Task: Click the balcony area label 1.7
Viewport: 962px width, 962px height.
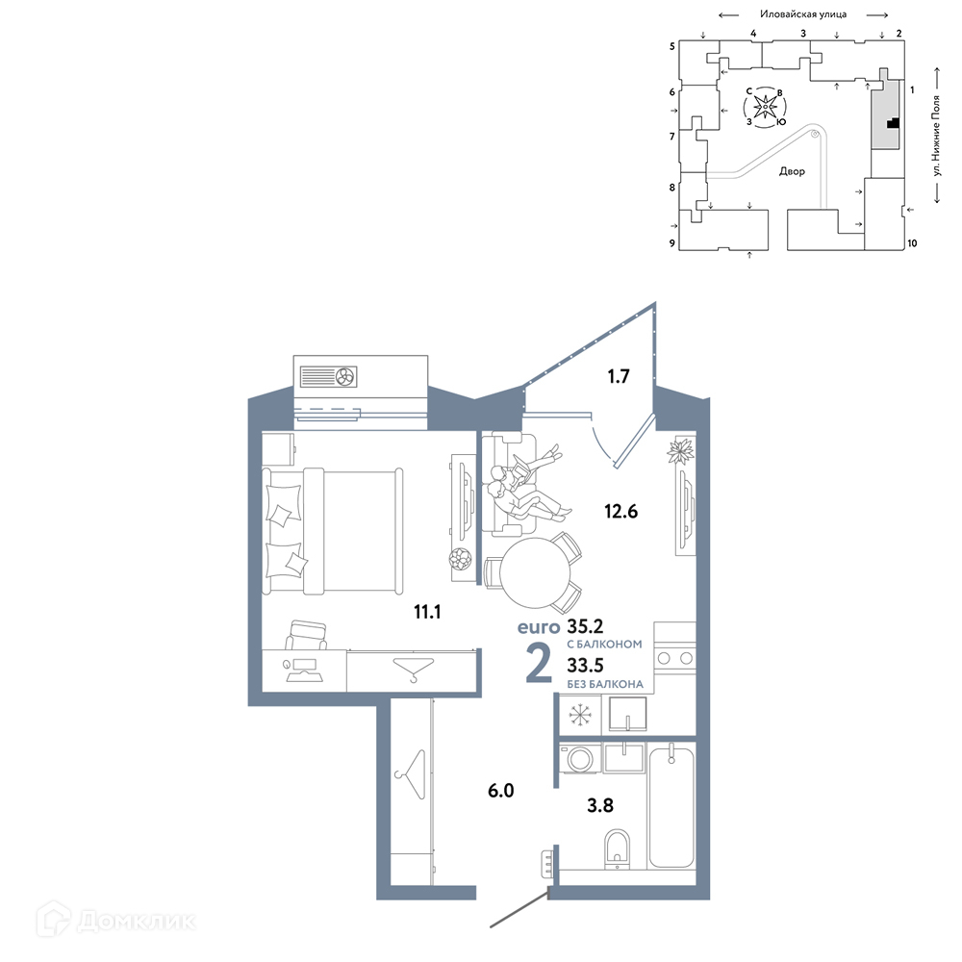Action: click(619, 376)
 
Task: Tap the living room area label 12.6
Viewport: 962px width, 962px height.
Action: click(620, 511)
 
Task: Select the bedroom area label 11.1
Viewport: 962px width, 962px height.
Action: click(427, 612)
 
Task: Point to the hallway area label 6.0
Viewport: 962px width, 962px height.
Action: click(500, 790)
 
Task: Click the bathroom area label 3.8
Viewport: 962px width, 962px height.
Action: click(600, 805)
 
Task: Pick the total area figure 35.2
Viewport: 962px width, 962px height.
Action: click(585, 626)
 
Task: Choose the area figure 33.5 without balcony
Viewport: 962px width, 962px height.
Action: click(585, 665)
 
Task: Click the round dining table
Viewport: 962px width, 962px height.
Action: click(535, 573)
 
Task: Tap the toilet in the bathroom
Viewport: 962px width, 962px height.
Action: click(618, 849)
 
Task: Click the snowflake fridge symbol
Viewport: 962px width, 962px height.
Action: click(580, 715)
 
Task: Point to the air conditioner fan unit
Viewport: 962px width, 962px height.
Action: click(328, 376)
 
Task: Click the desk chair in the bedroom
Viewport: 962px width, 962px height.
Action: click(306, 635)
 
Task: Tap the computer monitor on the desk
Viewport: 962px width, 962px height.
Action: click(304, 664)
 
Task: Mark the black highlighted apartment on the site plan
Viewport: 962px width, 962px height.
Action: click(894, 123)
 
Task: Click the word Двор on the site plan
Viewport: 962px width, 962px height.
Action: click(792, 171)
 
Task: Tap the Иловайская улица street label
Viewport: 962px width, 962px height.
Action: click(803, 14)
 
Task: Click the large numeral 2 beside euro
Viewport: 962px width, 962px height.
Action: click(539, 665)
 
